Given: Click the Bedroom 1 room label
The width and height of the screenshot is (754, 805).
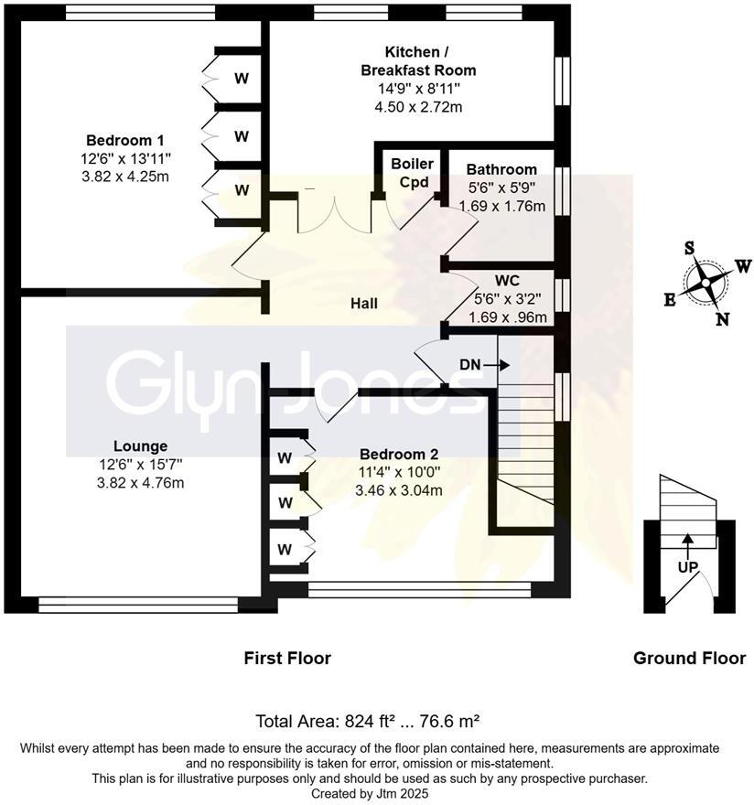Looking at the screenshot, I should tap(124, 141).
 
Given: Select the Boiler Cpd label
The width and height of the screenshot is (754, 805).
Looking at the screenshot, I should tap(411, 172).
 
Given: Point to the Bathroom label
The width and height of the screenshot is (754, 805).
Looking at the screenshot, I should tap(501, 169).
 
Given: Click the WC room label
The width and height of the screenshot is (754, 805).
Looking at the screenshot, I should tap(507, 280).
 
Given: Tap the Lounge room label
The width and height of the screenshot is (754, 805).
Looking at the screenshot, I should tap(142, 446).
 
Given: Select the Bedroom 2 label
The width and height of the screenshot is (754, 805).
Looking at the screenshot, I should tap(399, 455).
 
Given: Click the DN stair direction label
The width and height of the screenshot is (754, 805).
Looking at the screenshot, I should tap(470, 365).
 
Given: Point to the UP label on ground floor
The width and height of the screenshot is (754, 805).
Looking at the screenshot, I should tap(687, 567).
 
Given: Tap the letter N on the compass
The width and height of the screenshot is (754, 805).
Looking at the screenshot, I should tap(722, 318).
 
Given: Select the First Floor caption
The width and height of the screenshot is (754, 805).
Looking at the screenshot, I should tap(287, 658).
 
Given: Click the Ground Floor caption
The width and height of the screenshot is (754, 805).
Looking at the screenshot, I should tap(689, 658).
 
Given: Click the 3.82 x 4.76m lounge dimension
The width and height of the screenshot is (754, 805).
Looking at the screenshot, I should tap(142, 482).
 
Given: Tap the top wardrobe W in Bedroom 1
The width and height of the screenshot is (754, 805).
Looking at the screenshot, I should tap(242, 79).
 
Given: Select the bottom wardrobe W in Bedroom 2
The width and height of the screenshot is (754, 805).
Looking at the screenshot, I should tap(285, 550).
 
